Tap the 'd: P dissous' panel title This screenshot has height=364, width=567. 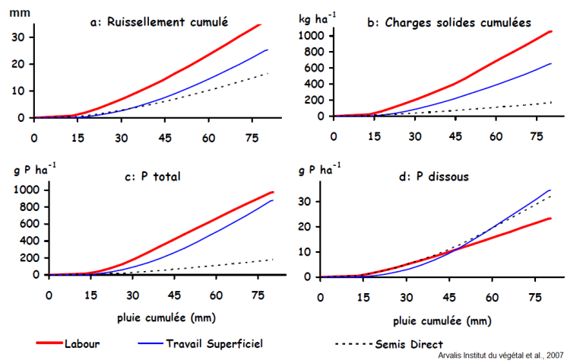coord(428,177)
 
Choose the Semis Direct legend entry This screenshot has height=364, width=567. coord(409,343)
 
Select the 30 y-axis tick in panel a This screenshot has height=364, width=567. coord(17,37)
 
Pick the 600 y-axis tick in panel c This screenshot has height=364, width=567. coord(27,223)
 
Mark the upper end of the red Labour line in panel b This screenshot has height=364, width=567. coord(550,31)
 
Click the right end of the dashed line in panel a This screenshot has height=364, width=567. coord(268,73)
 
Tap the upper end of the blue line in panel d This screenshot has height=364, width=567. coord(550,190)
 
